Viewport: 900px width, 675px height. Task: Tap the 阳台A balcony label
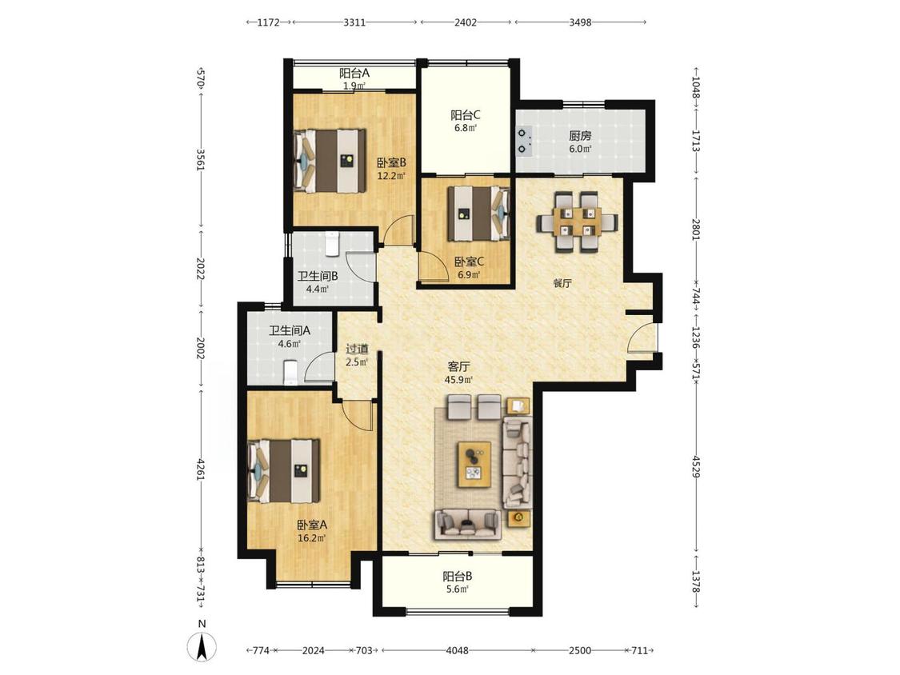point(354,73)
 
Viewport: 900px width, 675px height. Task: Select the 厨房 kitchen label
point(580,136)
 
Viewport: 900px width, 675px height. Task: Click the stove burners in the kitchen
point(524,142)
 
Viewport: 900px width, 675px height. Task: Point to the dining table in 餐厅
point(578,222)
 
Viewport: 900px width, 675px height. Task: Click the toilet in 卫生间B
point(332,243)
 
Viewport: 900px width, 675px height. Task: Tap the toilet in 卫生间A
point(291,372)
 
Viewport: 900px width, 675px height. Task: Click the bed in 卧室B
point(330,160)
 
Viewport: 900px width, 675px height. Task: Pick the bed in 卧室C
point(478,213)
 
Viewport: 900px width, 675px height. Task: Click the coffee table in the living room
point(474,465)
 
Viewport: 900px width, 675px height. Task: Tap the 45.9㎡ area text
point(458,379)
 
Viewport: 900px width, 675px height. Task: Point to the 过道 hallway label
point(357,349)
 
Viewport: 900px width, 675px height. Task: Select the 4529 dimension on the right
point(696,466)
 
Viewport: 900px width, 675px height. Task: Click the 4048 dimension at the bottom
point(458,650)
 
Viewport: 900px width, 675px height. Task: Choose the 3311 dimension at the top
point(354,22)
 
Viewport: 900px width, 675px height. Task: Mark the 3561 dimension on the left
point(200,160)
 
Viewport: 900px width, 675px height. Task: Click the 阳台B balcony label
point(458,576)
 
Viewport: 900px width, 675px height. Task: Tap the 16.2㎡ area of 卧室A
point(312,538)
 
